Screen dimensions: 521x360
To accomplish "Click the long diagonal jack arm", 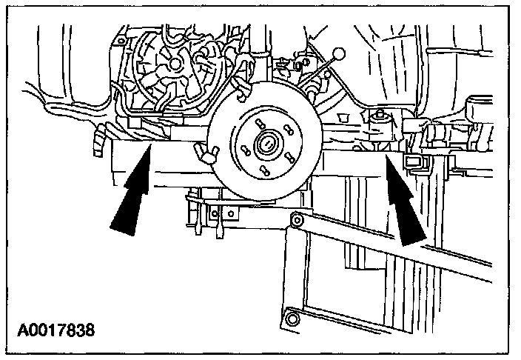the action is [x=400, y=244].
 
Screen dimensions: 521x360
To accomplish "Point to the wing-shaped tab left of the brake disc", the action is [x=208, y=153].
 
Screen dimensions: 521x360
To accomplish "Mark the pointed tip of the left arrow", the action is [x=150, y=148].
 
